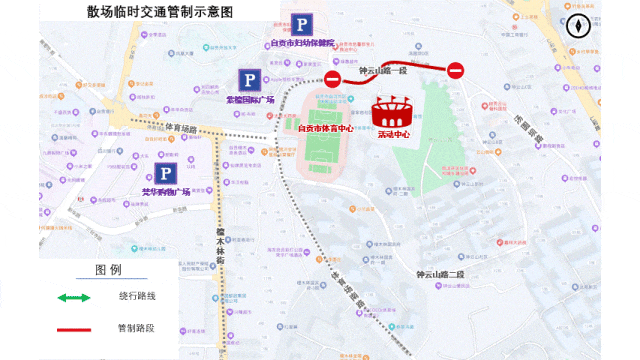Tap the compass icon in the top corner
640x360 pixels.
579,28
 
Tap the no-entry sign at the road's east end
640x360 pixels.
455,70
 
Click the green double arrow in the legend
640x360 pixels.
74,297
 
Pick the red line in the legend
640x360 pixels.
74,327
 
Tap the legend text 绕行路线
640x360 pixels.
136,297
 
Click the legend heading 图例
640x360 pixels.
108,270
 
